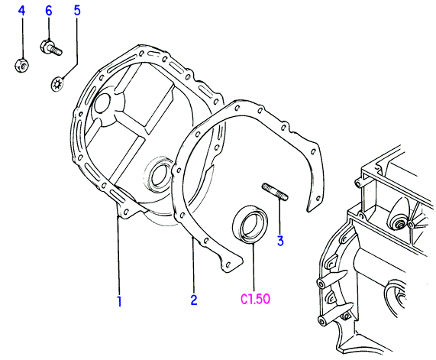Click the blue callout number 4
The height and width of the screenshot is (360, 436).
(21, 11)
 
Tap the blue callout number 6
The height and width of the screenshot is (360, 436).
(49, 11)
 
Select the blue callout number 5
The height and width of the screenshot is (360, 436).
(77, 11)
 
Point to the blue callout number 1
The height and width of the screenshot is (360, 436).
(119, 301)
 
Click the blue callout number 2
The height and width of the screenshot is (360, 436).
(194, 300)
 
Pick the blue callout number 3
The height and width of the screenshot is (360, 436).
(280, 241)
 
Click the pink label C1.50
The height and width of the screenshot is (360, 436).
(255, 299)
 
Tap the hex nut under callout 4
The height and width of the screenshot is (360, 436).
(21, 66)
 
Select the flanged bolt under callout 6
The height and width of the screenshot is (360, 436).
(50, 47)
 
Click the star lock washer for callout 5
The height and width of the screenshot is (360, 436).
(58, 84)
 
